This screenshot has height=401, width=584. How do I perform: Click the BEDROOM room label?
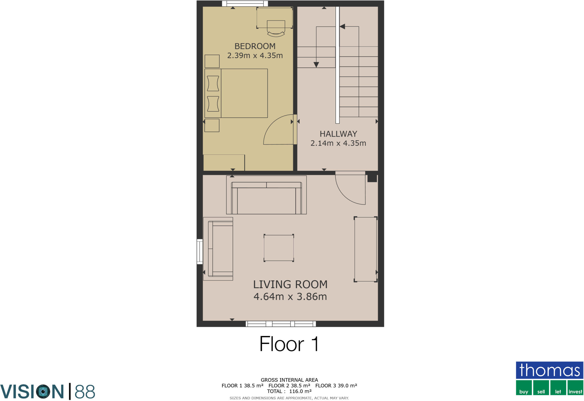point(255,46)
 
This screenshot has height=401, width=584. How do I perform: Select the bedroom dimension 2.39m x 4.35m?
point(255,56)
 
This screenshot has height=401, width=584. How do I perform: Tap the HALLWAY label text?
point(338,134)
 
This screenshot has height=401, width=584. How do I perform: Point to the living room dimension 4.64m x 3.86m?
point(290,297)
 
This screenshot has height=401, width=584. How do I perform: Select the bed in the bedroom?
point(236,93)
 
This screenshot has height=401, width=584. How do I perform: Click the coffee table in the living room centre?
point(279,248)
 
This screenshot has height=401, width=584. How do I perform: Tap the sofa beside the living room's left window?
point(218,249)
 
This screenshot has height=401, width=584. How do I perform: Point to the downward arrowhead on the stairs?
point(316,65)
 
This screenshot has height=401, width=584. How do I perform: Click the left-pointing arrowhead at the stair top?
point(342,27)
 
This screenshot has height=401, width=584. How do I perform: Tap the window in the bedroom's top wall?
point(245,3)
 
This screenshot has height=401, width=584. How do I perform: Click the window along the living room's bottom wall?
point(281,324)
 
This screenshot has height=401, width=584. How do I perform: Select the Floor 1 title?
point(289,344)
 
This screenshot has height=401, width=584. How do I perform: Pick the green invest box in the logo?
point(575,388)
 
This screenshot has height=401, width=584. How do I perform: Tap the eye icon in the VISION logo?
point(44,392)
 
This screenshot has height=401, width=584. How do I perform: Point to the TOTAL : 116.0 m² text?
point(289,391)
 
